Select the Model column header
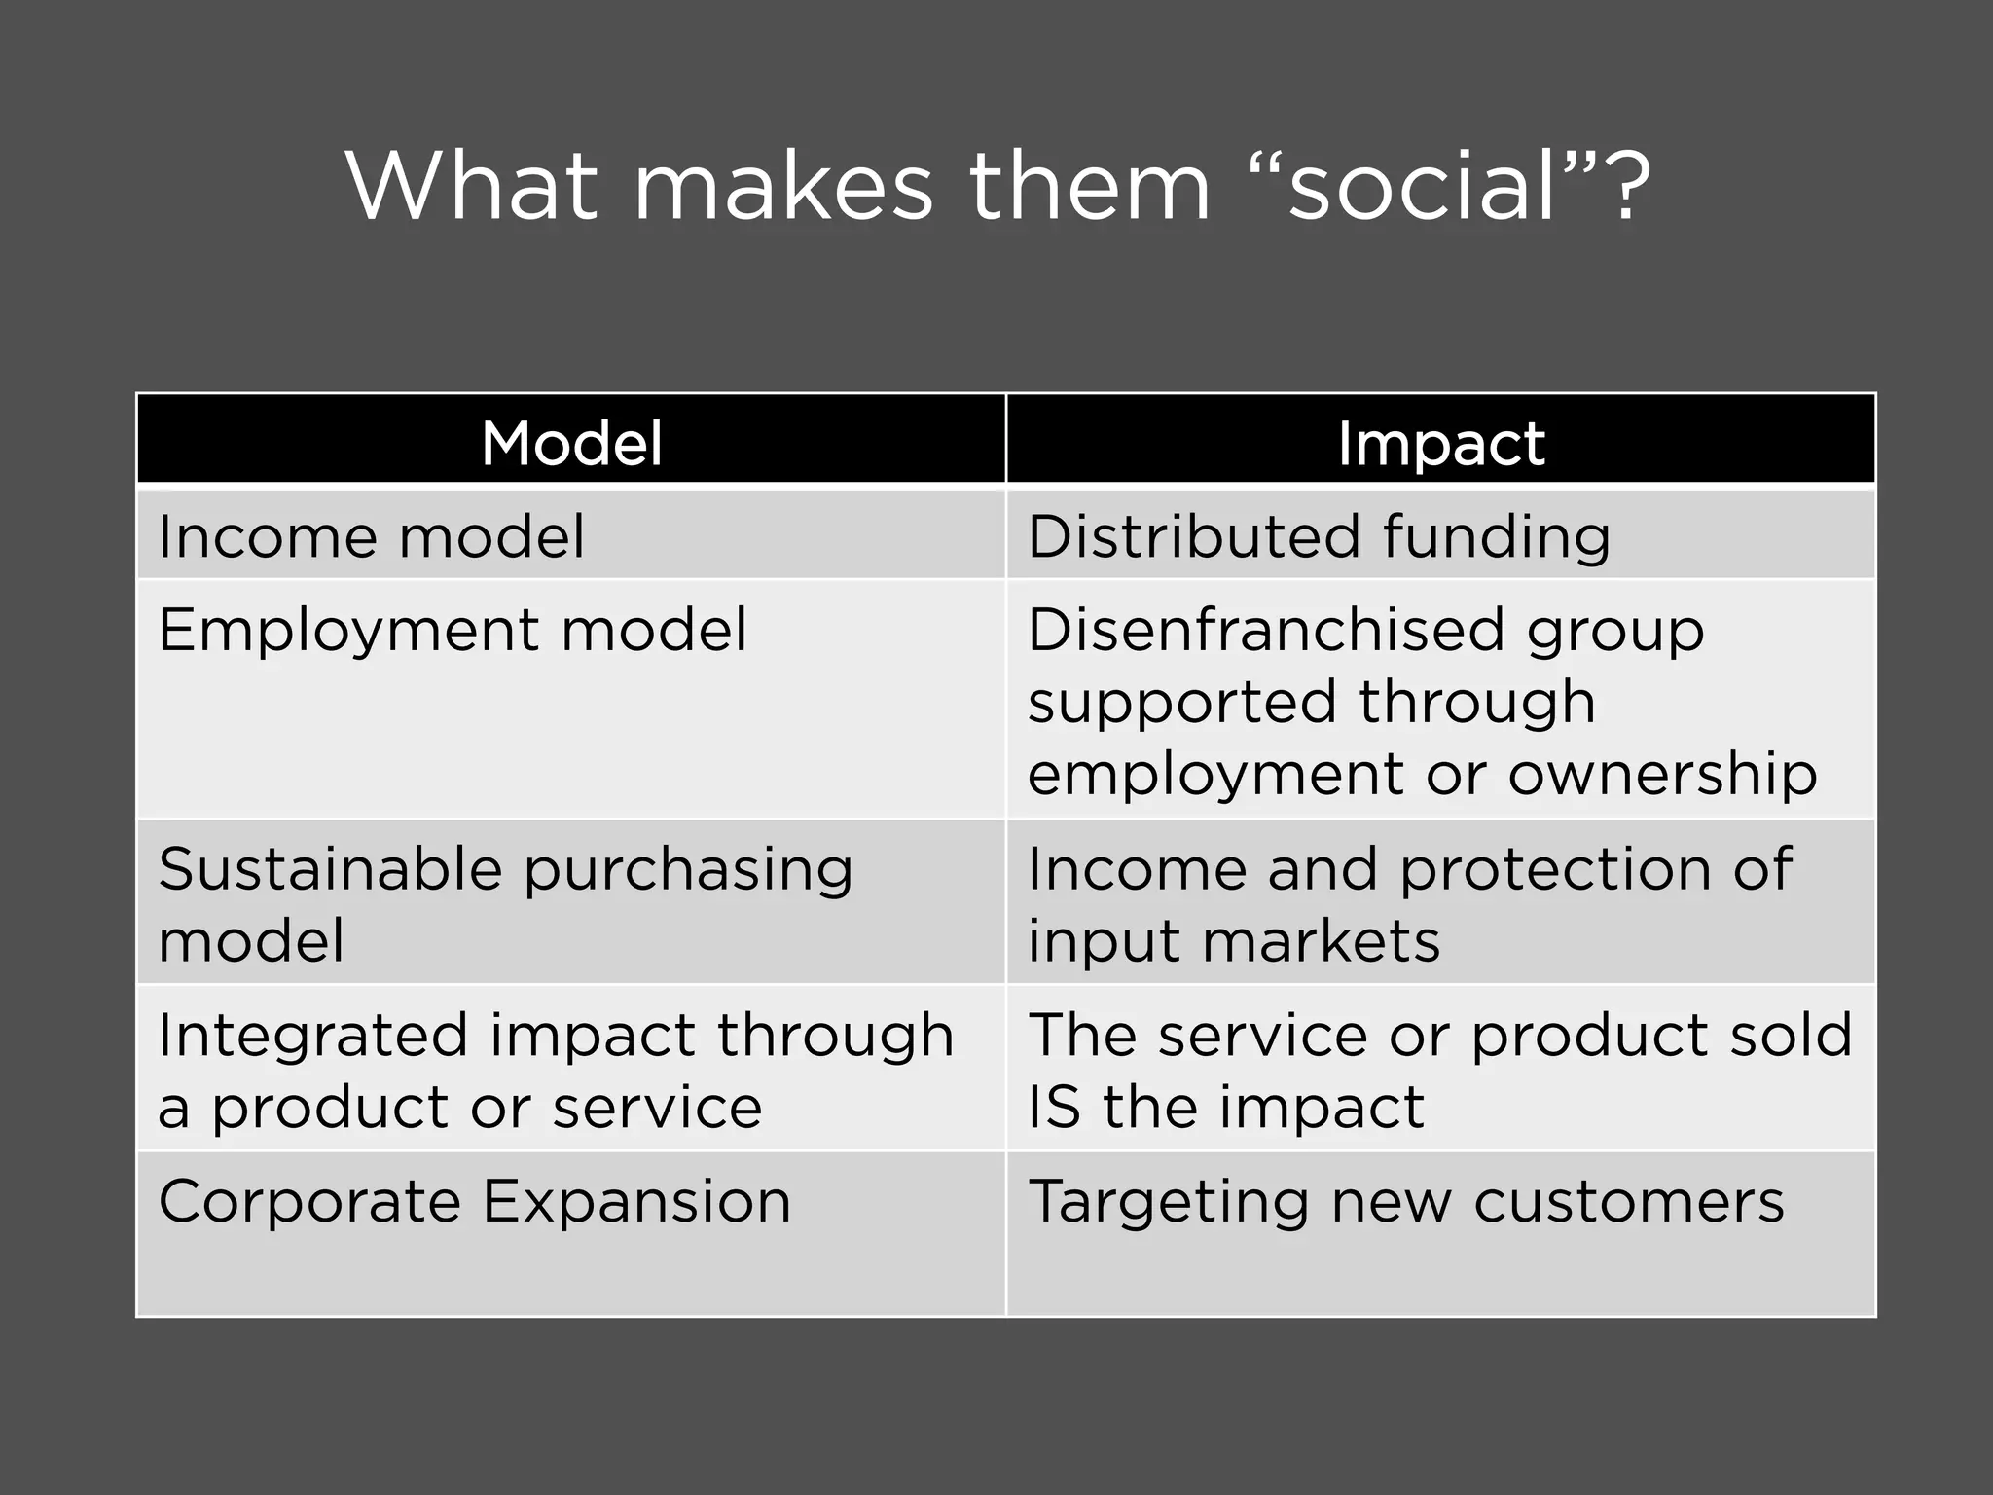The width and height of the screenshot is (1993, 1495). coord(571,443)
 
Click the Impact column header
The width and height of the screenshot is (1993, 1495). coord(1440,443)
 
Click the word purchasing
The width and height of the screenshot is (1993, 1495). coord(688,870)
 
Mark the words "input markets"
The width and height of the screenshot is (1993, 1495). coord(1234,941)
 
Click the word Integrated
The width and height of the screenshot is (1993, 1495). coord(312,1036)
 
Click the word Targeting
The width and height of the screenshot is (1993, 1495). coord(1168,1203)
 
